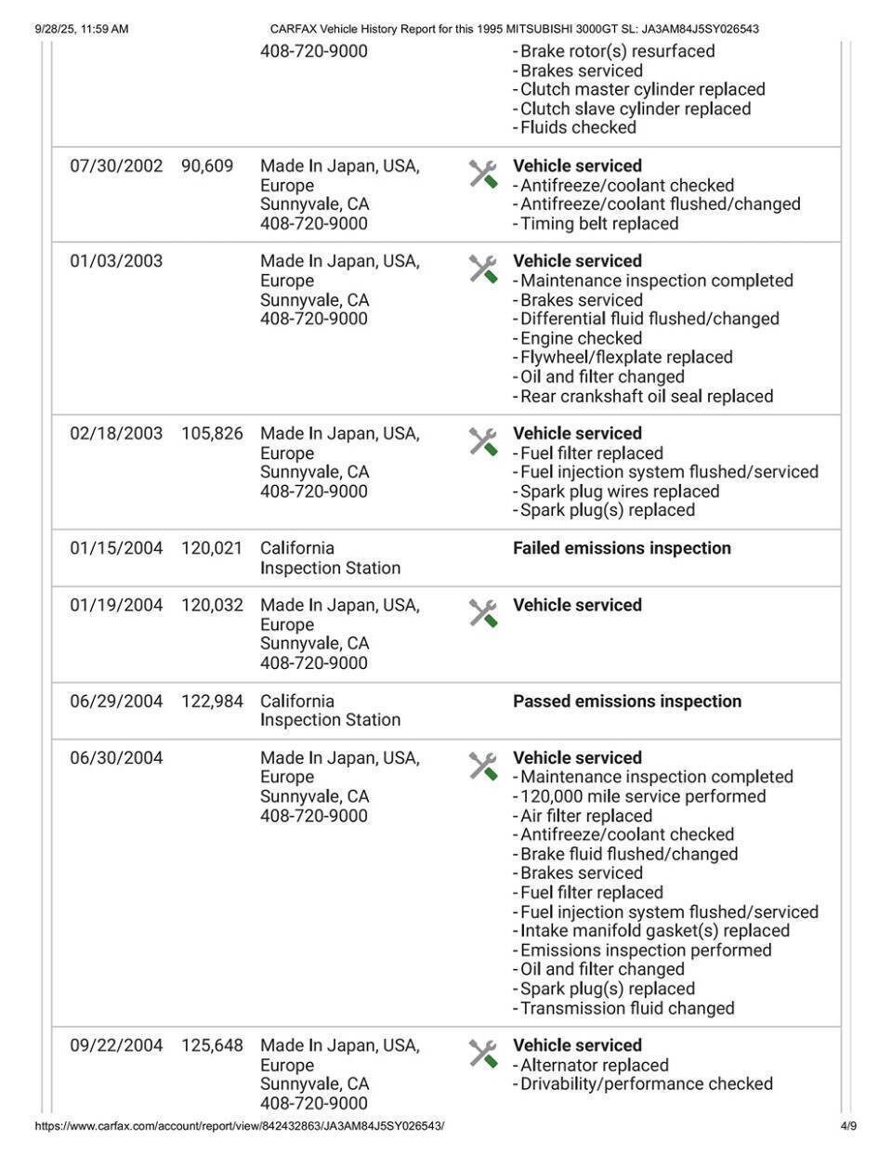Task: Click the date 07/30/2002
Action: pos(116,166)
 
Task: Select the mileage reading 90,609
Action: pos(207,166)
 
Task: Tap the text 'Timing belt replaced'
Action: pos(598,224)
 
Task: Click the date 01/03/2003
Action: pos(116,261)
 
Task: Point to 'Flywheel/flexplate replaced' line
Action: pos(625,358)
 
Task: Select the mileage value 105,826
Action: pos(212,434)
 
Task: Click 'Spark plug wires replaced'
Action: pos(619,492)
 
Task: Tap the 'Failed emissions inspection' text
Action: pos(622,548)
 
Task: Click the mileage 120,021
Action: pos(212,548)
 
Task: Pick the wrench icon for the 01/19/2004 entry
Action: pos(483,613)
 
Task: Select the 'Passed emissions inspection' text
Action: pos(627,702)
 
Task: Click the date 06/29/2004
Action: pos(116,702)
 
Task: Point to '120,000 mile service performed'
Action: pos(642,797)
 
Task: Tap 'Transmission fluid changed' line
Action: pos(626,1009)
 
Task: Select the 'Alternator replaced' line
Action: pos(594,1066)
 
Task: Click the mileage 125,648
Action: pos(212,1046)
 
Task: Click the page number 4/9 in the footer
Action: pos(847,1127)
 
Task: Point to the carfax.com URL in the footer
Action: pos(240,1127)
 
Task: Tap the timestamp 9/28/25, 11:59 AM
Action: pos(82,29)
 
